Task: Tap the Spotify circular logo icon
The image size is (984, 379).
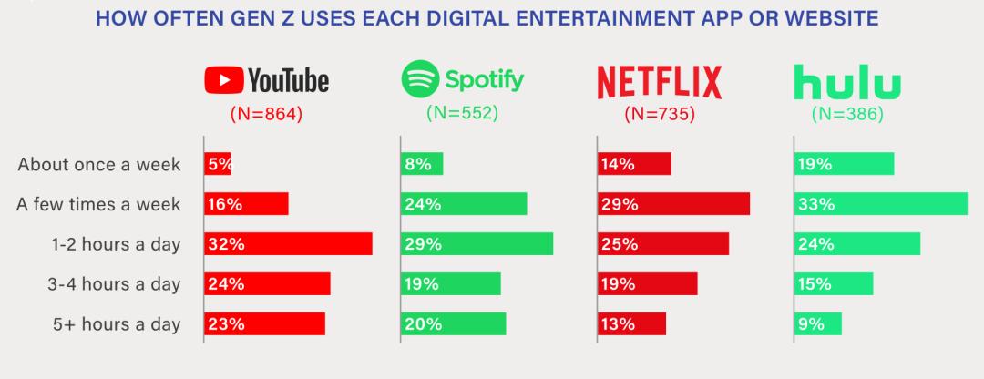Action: pyautogui.click(x=420, y=79)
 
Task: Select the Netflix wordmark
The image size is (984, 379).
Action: pyautogui.click(x=659, y=82)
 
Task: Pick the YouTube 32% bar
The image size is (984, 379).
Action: pyautogui.click(x=288, y=243)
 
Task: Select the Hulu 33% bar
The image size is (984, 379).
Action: pyautogui.click(x=880, y=204)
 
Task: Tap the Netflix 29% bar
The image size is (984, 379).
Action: pyautogui.click(x=673, y=204)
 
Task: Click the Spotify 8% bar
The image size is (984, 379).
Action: pyautogui.click(x=422, y=165)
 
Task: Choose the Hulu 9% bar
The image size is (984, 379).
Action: pyautogui.click(x=817, y=323)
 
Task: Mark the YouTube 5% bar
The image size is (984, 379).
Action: pyautogui.click(x=218, y=165)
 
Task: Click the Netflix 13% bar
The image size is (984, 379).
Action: pyautogui.click(x=631, y=323)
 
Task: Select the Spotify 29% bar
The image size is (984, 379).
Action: pyautogui.click(x=477, y=243)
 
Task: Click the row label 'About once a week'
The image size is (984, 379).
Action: pyautogui.click(x=99, y=165)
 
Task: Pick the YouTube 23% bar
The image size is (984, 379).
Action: pyautogui.click(x=264, y=323)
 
